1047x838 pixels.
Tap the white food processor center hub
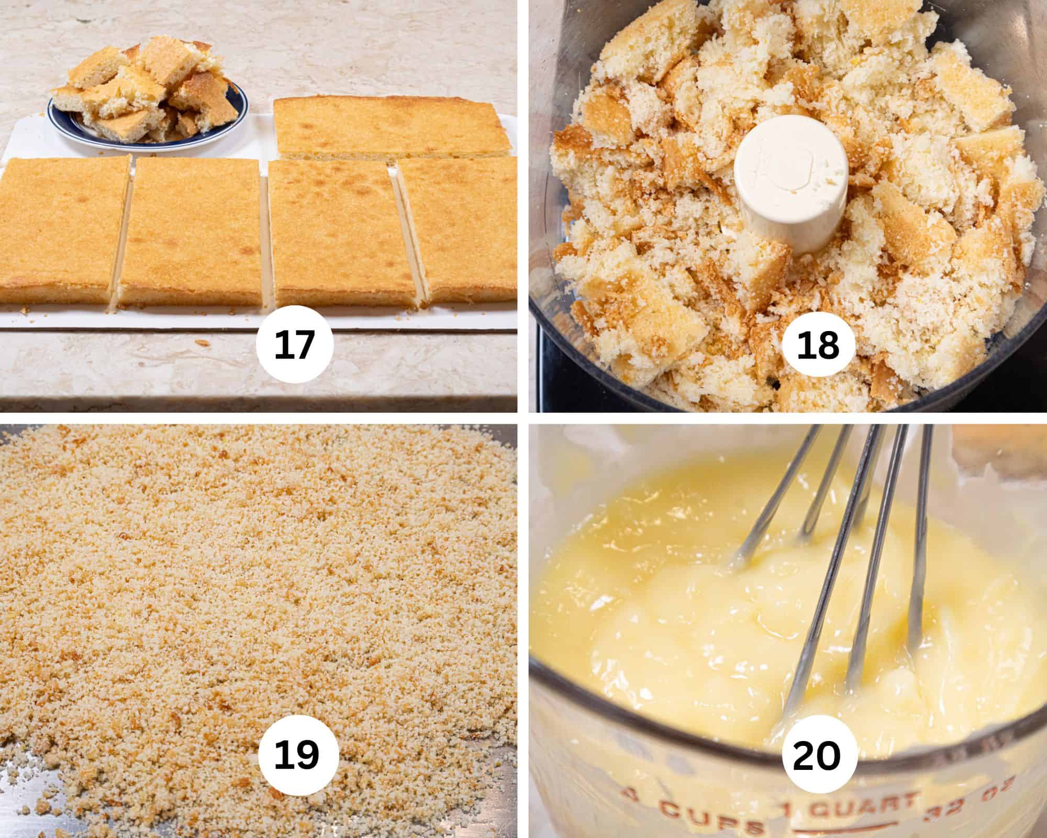(790, 186)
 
